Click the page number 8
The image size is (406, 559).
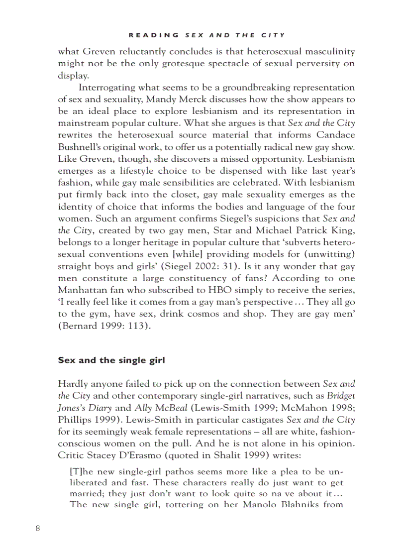pos(38,528)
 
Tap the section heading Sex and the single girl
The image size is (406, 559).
pos(111,360)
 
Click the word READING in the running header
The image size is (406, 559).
pos(153,35)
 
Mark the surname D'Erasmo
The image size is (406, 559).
pos(144,455)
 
